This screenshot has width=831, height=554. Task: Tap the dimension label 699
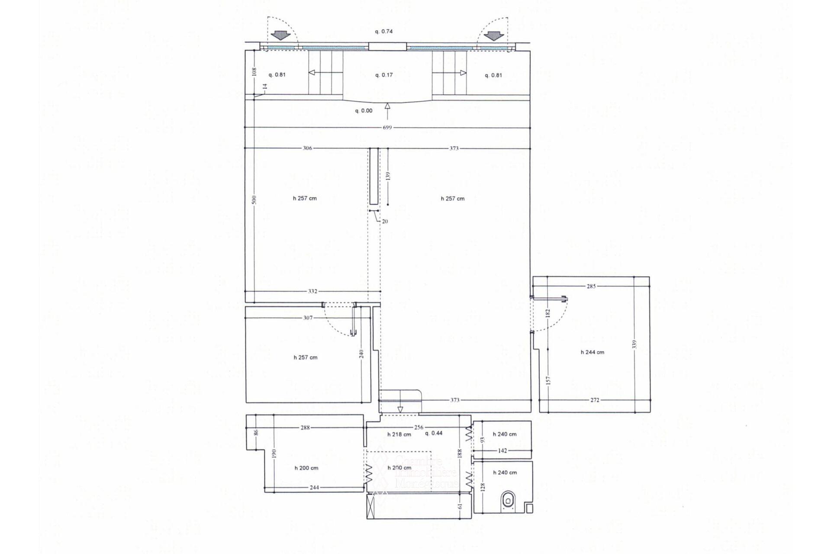tap(387, 128)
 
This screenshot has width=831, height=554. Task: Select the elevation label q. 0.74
tap(383, 32)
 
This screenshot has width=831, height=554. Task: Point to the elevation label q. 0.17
tap(384, 75)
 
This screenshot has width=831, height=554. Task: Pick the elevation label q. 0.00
tap(364, 111)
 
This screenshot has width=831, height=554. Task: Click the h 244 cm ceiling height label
tap(592, 352)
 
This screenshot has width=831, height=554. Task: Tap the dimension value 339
tap(635, 345)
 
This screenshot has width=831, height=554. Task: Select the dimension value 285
tap(591, 286)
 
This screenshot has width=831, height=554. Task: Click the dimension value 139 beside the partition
tap(388, 176)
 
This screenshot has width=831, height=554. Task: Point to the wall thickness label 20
tap(385, 222)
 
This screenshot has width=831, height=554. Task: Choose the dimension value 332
tap(312, 291)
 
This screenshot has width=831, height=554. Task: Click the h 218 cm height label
tap(399, 435)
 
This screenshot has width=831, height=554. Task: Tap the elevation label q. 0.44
tap(434, 433)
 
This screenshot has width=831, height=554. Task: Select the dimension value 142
tap(502, 451)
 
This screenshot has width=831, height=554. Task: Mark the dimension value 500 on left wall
tap(254, 200)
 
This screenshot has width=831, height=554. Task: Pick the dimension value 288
tap(305, 428)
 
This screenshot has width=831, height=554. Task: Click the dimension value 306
tap(307, 148)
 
